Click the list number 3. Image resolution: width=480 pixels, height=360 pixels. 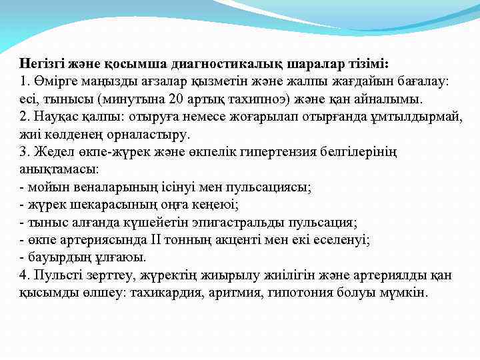tap(23, 153)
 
